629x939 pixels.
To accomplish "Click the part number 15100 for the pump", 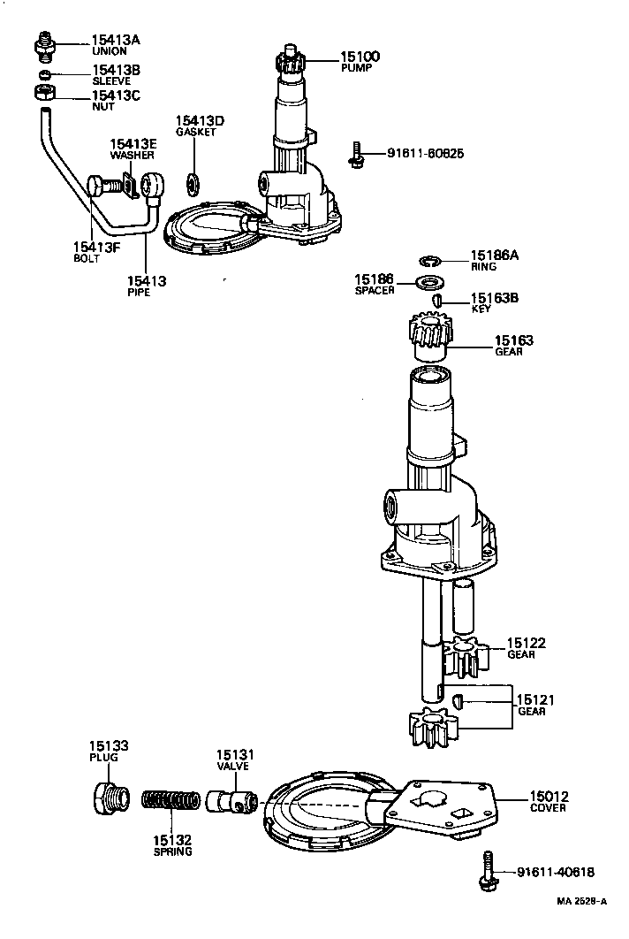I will [x=360, y=57].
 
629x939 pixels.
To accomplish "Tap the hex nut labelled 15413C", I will [x=42, y=93].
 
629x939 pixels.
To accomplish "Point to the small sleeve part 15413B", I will [x=42, y=73].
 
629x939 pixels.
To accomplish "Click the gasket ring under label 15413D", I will [x=191, y=184].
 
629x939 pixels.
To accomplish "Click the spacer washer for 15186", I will [x=430, y=283].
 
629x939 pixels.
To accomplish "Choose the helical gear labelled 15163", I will [x=429, y=340].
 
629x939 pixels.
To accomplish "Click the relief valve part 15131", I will [x=231, y=802].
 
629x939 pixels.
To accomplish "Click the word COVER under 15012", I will [x=548, y=808].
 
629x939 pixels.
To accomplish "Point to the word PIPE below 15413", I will [x=139, y=293].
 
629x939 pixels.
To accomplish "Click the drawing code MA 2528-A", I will [x=582, y=902].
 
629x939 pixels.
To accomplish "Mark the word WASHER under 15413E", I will [x=133, y=155].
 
